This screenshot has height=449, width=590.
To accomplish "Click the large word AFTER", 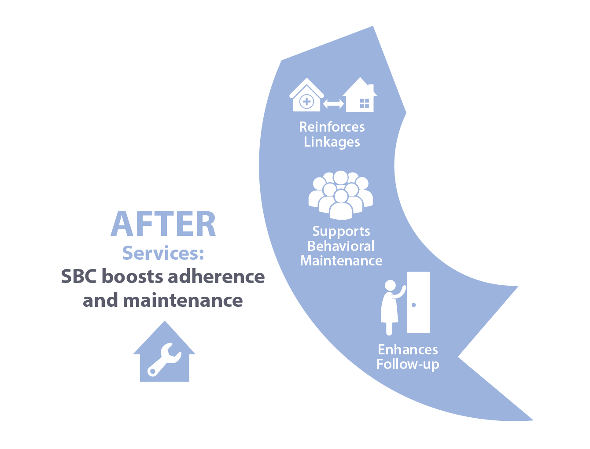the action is (x=163, y=224).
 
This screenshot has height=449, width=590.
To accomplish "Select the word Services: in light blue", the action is (x=163, y=253).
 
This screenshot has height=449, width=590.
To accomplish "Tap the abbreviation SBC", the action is (x=78, y=276).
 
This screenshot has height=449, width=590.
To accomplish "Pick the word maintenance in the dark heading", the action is (x=183, y=300).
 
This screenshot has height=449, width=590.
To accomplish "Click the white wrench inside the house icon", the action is (x=164, y=360).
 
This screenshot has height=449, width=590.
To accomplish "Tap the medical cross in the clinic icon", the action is (x=306, y=102).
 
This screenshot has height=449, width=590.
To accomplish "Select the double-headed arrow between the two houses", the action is (x=333, y=104).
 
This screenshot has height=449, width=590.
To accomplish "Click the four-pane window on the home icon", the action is (x=364, y=103).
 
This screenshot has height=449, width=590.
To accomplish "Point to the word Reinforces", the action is (x=332, y=127).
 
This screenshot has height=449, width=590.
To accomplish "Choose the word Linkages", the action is (x=332, y=142).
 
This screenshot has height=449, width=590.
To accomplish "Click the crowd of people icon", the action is (x=340, y=195).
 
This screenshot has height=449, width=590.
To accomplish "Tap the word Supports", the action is (x=341, y=232).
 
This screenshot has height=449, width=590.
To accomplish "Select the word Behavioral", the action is (x=341, y=246).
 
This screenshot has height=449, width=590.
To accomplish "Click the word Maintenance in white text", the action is (x=341, y=261).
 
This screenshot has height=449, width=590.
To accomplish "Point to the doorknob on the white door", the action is (x=414, y=305).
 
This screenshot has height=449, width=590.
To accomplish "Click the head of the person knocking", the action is (x=390, y=286).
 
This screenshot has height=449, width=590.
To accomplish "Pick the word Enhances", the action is (x=408, y=350).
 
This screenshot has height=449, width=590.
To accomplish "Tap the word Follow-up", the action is (x=408, y=364).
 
